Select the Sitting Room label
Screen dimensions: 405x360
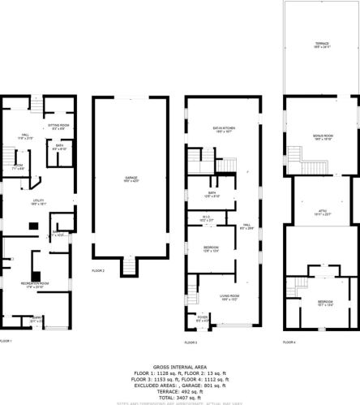point(58,127)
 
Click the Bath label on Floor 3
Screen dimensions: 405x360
point(212,193)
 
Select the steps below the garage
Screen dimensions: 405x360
point(129,265)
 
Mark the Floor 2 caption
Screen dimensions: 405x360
point(99,269)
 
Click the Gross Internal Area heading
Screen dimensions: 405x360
point(179,366)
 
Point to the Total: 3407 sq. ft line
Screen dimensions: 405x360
point(179,398)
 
